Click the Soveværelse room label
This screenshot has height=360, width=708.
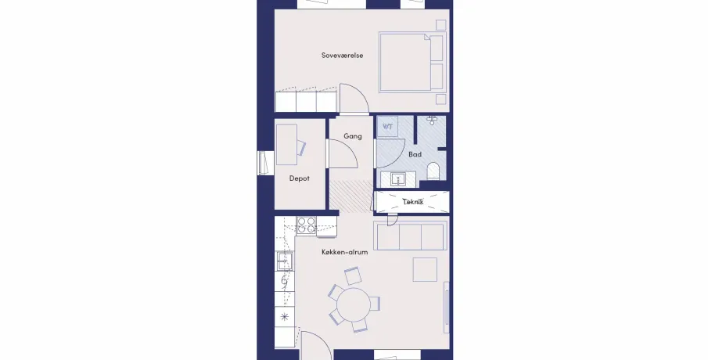pos(342,56)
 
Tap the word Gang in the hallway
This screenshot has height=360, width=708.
pos(353,136)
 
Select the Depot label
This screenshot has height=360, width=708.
pos(300,178)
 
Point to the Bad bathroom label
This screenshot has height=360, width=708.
pos(415,154)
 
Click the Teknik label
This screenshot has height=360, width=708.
pos(413,202)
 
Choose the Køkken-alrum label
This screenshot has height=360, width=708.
pos(344,252)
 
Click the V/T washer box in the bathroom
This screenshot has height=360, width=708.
pos(387,127)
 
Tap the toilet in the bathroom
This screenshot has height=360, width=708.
pos(433,171)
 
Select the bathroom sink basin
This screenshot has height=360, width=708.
pos(398,179)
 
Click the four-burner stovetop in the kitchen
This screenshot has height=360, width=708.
pos(307,225)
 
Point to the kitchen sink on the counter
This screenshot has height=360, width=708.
pos(285,261)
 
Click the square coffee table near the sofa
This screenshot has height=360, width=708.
pos(425,270)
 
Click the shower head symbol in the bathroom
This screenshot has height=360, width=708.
pos(432,121)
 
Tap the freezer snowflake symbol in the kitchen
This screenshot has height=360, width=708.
pos(285,317)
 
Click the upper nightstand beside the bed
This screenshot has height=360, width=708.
pos(440,25)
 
